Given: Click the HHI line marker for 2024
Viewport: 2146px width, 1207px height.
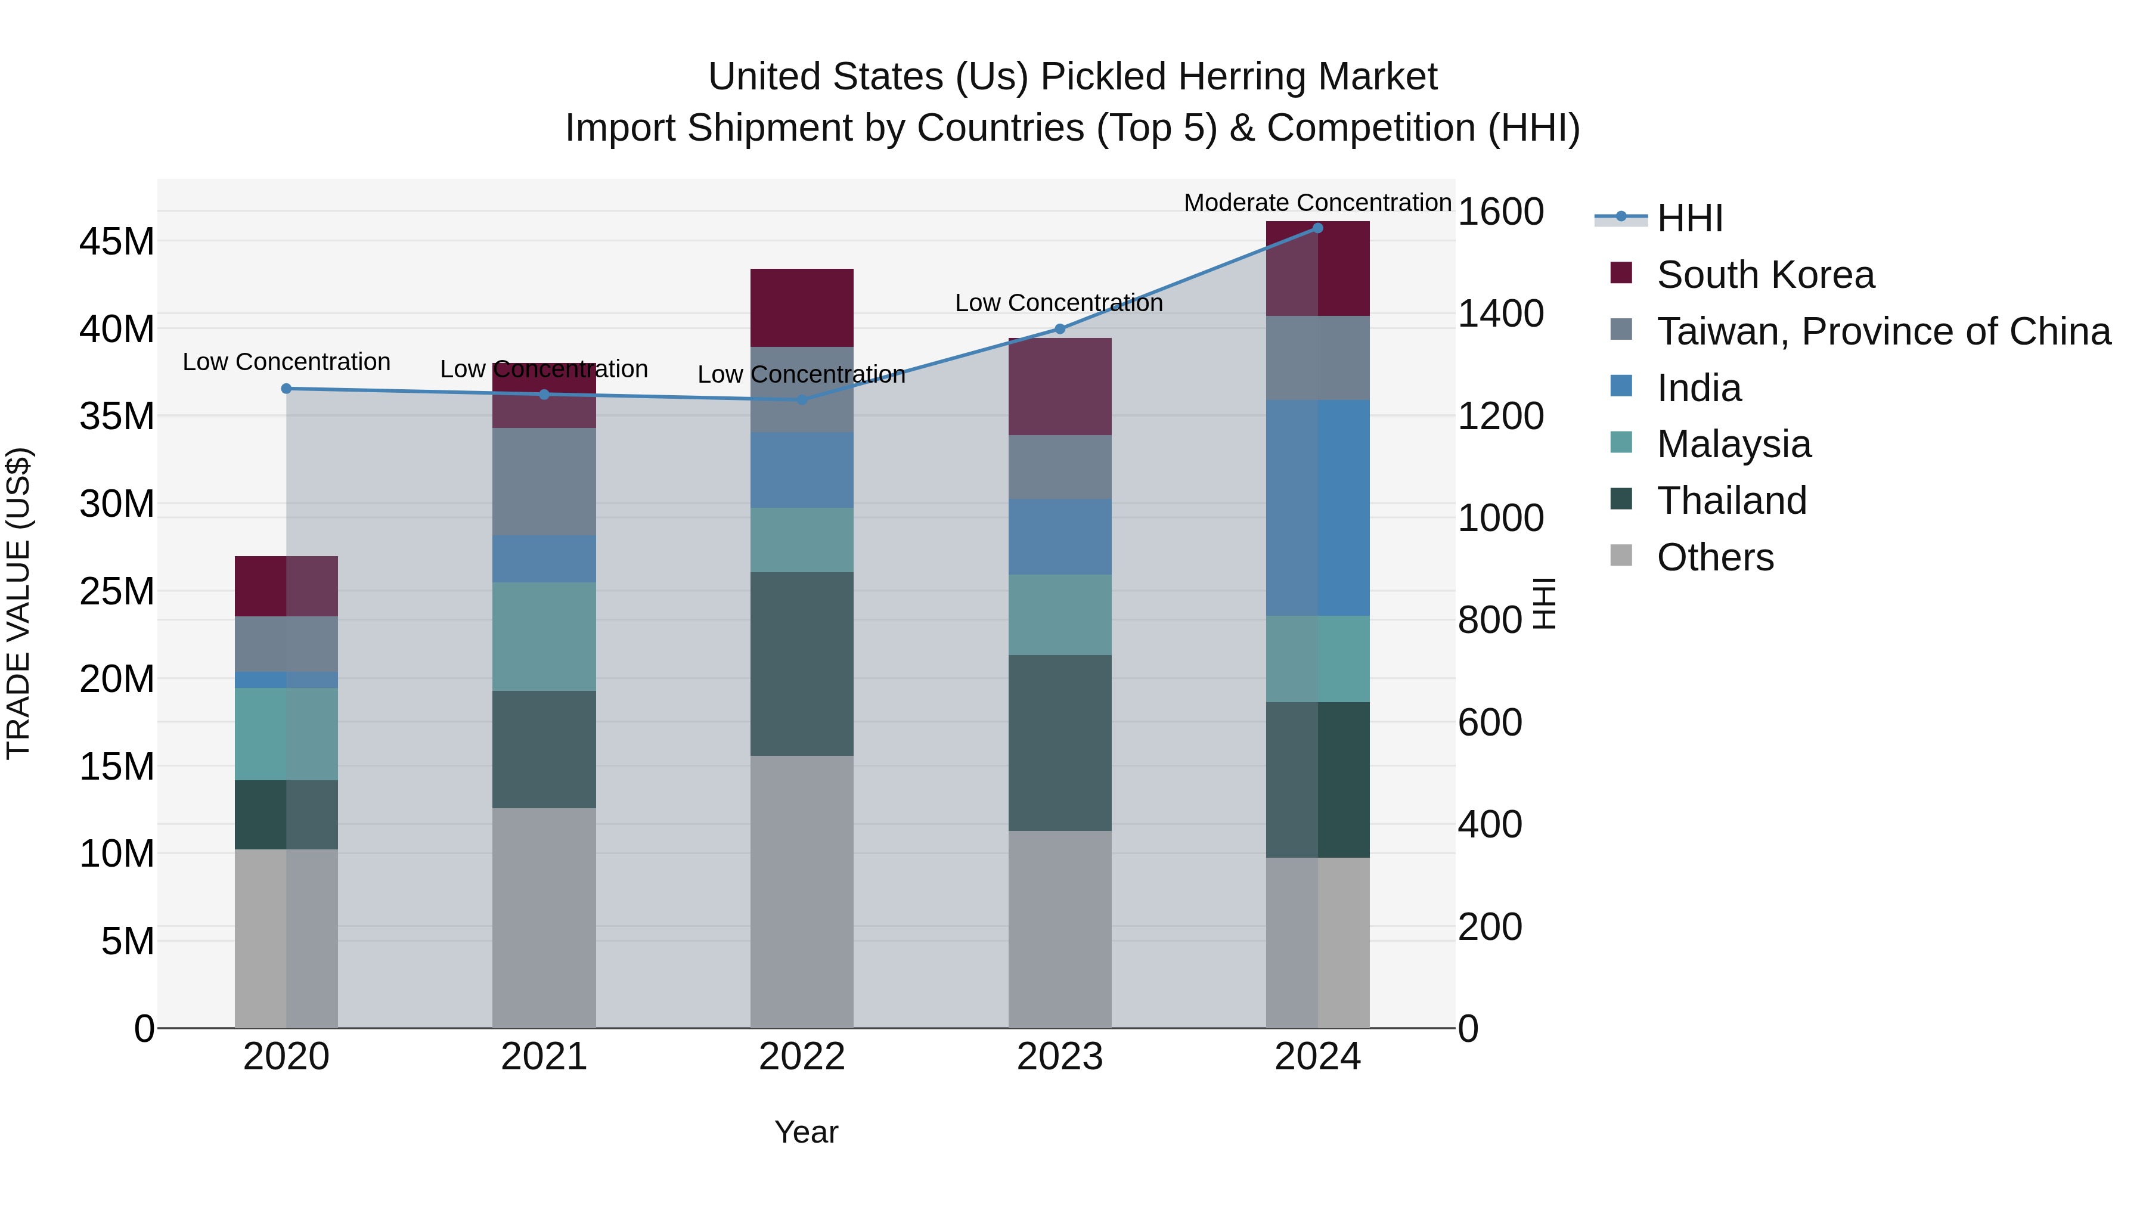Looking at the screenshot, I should pos(1317,228).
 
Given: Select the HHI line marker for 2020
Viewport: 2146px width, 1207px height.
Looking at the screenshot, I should pos(287,389).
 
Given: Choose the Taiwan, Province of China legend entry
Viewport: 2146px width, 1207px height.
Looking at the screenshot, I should pos(1883,331).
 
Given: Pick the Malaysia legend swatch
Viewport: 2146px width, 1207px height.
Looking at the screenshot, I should pos(1621,442).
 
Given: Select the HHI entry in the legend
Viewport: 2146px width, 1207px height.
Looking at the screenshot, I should pos(1689,218).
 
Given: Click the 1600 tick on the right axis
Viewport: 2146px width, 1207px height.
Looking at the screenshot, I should pos(1500,212).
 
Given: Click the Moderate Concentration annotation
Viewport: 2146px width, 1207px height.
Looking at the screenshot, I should pos(1317,203).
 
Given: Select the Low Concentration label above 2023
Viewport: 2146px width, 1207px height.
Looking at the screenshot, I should pos(1058,303).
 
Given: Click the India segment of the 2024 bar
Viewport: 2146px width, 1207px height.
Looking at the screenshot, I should pos(1317,508).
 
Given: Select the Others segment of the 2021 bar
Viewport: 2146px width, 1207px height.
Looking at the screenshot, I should pos(544,917).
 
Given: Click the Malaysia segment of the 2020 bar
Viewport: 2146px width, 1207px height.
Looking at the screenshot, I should pos(287,734).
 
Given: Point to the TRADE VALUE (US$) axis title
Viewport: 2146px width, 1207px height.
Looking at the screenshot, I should pos(18,603).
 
